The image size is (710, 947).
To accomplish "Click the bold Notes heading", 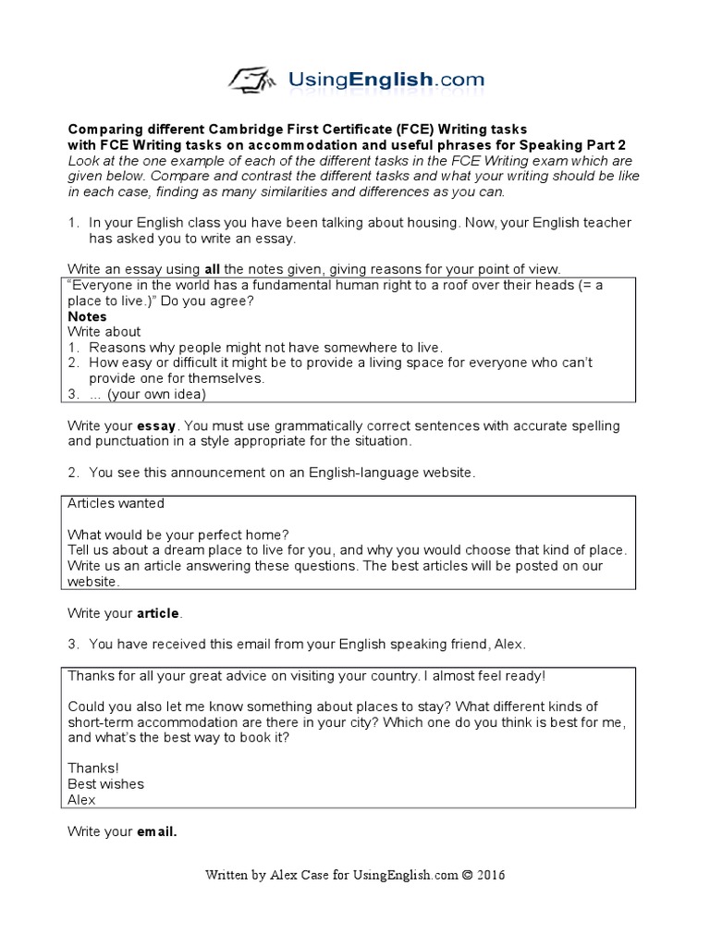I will click(x=87, y=317).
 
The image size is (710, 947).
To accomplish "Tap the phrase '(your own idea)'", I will click(x=156, y=394).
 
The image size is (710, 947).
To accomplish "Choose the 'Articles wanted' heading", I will click(x=116, y=504).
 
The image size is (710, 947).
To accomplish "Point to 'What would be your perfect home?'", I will click(x=178, y=535).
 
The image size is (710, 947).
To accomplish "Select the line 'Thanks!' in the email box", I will click(x=93, y=769).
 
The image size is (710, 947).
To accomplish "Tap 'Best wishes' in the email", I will click(x=105, y=784).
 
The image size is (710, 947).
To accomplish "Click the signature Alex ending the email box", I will click(x=81, y=800).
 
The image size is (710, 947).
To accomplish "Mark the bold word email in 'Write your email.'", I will click(x=156, y=832).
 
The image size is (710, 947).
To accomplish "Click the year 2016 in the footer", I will click(x=490, y=875).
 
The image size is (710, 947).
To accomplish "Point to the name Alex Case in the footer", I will click(x=297, y=875).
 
